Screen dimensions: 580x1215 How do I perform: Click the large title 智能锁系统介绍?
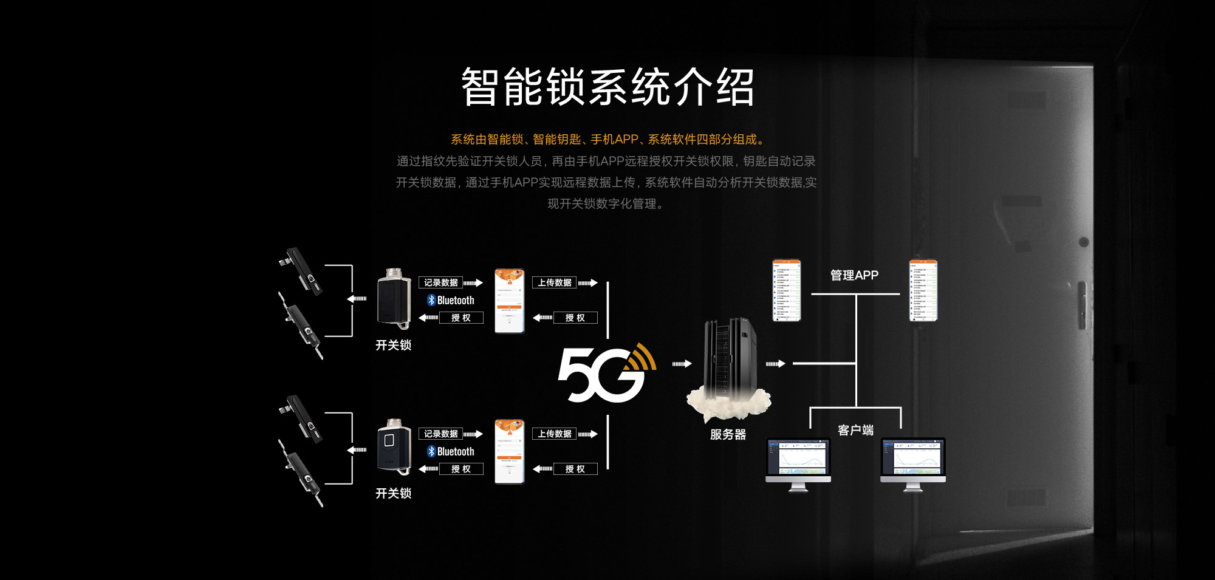(607, 87)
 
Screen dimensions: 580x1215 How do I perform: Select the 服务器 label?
(728, 434)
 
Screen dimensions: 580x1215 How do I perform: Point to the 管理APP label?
(854, 275)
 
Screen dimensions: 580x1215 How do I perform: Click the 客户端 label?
(855, 430)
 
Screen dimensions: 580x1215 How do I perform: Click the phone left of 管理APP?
(786, 290)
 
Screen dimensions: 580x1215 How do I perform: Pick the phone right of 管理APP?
(923, 290)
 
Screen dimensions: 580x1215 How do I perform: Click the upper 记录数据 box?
(441, 282)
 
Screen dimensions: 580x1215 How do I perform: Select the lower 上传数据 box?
(555, 434)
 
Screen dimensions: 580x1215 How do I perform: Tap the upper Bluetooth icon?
(431, 300)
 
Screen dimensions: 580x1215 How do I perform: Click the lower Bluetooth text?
(456, 451)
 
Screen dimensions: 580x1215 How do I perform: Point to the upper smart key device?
(394, 299)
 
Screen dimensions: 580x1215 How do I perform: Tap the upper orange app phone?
(509, 301)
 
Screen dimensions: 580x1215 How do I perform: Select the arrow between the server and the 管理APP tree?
(775, 364)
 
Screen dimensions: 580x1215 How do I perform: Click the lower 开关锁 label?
(393, 493)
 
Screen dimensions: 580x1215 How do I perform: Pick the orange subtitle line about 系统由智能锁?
(607, 139)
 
